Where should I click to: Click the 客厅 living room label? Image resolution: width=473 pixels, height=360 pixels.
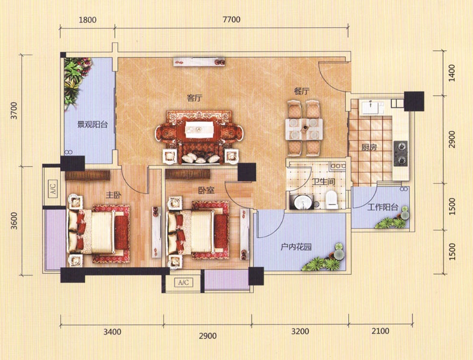195,98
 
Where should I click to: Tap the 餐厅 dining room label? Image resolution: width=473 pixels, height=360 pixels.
302,91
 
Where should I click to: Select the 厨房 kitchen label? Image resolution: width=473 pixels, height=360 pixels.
369,147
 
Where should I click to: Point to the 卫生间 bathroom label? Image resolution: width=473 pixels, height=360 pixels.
323,181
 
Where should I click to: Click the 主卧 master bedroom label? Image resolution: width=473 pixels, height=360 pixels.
114,195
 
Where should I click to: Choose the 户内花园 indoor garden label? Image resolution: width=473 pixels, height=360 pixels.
296,247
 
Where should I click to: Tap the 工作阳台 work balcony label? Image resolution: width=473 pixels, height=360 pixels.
383,207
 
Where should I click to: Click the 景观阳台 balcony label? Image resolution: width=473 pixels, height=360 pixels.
92,125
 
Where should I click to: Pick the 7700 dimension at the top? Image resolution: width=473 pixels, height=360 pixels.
231,20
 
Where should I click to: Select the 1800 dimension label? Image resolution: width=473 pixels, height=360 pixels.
88,20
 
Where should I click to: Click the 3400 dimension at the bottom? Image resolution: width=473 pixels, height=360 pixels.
112,332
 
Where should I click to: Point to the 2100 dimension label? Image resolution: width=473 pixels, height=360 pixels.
380,332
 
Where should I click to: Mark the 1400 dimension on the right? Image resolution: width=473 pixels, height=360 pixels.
452,73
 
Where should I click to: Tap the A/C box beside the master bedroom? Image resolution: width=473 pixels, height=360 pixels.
53,189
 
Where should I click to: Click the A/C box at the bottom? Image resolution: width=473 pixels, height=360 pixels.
183,283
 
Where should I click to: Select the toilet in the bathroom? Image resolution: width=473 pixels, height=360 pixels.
332,200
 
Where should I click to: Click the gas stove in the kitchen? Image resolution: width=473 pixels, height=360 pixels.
401,154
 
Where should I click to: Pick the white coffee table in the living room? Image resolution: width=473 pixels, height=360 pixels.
199,129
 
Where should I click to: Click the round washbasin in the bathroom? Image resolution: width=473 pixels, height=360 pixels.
301,202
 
